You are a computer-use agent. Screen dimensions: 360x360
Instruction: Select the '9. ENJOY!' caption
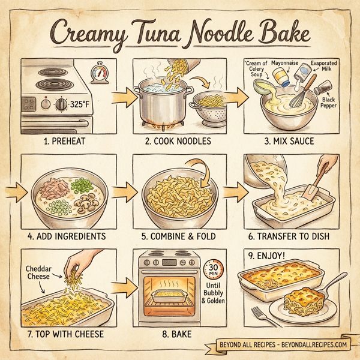(x=264, y=255)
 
